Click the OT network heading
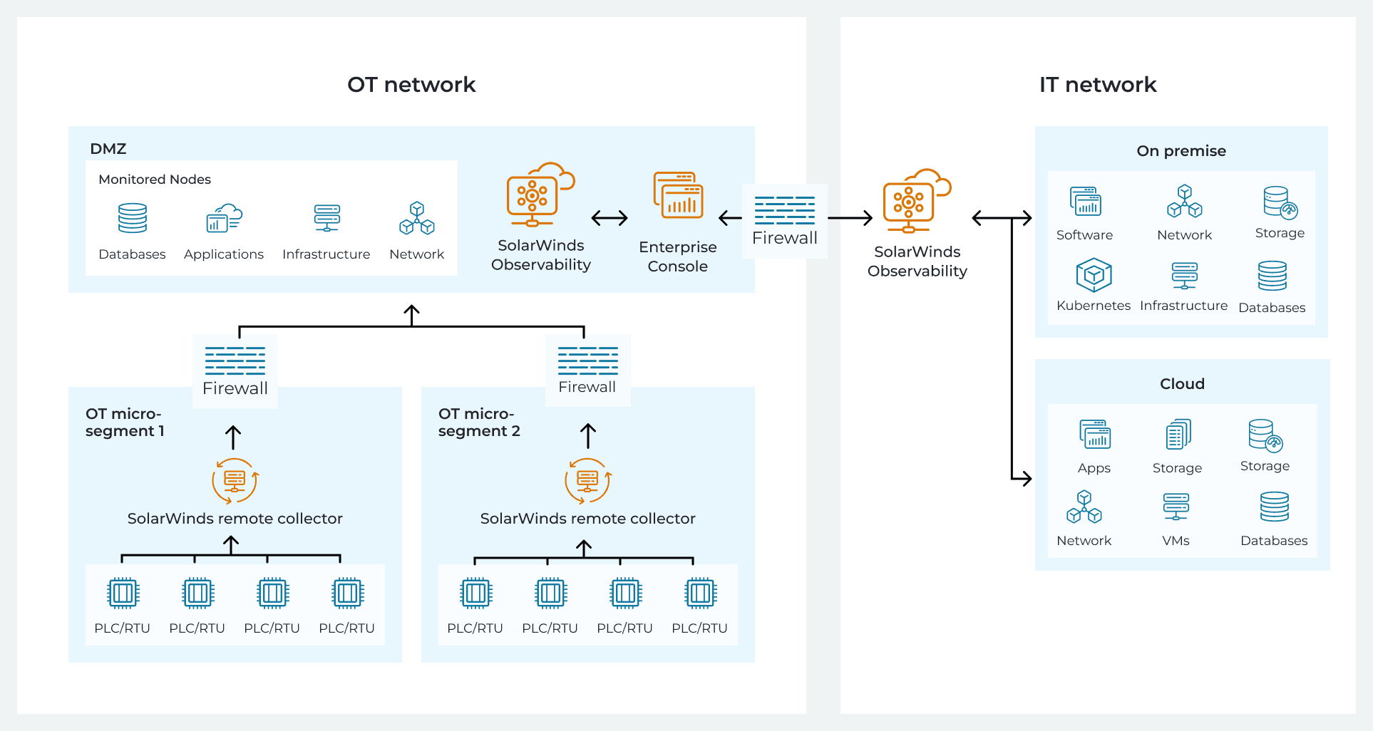coord(411,85)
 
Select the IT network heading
coord(1097,85)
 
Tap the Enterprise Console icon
coord(678,195)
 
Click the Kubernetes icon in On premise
coord(1094,275)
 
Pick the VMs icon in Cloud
coord(1176,507)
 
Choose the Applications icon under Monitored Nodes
coord(224,218)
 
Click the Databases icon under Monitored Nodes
coord(133,218)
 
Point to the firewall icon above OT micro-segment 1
coord(235,361)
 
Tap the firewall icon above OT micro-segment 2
coord(587,361)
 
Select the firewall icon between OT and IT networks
coord(784,210)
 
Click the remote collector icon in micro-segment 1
coord(235,481)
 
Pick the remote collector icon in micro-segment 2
coord(587,481)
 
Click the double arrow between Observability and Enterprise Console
coord(610,218)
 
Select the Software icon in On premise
coord(1085,201)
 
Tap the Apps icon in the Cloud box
coord(1094,434)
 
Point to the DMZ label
coord(108,149)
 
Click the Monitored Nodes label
coord(155,180)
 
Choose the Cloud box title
coord(1182,384)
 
